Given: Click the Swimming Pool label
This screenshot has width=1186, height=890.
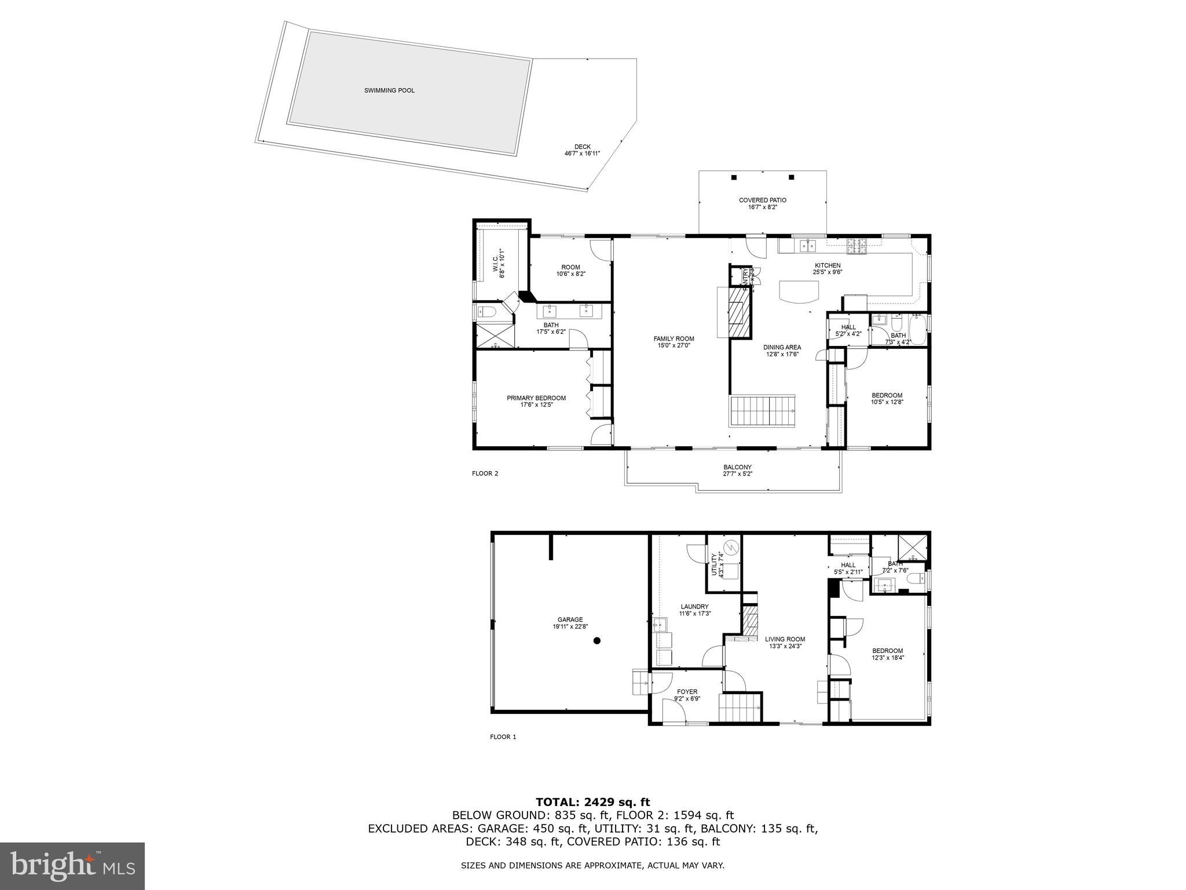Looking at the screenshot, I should pos(389,90).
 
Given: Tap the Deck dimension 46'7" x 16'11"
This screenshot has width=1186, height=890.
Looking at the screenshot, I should pos(582,154).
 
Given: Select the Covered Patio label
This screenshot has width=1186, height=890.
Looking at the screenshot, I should pos(762,200).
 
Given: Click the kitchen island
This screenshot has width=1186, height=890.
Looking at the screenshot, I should pos(799,291).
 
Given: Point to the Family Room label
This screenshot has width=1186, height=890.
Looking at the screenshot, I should pos(673,339).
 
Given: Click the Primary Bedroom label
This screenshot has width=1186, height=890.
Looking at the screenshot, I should pos(536,398).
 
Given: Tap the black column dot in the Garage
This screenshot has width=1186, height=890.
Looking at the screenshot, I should pos(597,640).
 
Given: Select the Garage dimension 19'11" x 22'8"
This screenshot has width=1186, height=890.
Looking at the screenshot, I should pos(570,626).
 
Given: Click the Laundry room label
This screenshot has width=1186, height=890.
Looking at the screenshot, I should pos(694,607).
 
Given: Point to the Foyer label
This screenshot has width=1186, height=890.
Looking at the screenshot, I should pos(687,691).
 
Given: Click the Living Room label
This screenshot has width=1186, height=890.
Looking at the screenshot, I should pos(786,639).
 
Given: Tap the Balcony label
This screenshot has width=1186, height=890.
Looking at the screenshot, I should pos(737,467).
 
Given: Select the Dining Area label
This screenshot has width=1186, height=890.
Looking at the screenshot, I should pos(782,348).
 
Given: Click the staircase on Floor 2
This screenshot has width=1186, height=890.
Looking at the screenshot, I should pos(762,410).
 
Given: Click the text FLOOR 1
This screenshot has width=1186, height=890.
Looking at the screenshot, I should pos(502,737).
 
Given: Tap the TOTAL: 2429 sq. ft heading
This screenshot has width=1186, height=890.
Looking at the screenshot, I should pos(592,802).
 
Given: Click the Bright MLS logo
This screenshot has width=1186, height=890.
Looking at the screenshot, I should pos(72,866).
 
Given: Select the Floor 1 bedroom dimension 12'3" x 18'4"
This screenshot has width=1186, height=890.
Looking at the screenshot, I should pos(887,658).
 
